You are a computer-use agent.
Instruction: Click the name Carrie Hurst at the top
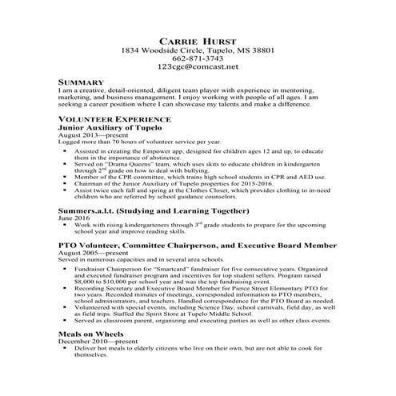point(198,39)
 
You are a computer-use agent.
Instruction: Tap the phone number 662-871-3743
point(198,58)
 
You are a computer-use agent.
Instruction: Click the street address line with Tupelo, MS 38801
point(198,50)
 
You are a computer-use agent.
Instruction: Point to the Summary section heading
point(81,83)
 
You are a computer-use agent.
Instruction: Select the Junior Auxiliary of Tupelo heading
point(111,127)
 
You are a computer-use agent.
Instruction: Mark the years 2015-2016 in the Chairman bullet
point(270,183)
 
